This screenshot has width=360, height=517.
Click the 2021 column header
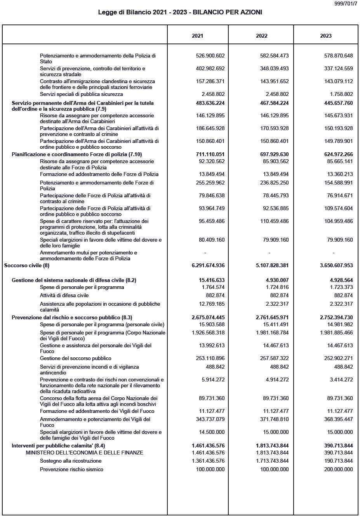(197, 36)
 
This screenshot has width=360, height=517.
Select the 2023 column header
(325, 36)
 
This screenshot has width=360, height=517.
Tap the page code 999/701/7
(345, 3)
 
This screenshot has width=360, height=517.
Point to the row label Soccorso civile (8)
(27, 266)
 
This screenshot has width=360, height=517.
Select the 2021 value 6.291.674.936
(208, 266)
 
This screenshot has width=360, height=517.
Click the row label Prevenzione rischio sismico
(71, 469)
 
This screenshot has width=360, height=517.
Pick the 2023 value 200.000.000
(338, 469)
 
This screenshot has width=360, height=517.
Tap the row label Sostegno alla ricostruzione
(71, 461)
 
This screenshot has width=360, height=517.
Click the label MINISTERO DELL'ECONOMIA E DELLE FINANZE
(84, 453)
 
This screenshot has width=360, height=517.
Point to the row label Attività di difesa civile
(64, 295)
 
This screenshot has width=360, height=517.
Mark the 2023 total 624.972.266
(336, 154)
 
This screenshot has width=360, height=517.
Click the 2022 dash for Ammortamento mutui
(269, 253)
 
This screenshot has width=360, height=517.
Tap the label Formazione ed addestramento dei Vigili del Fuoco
(97, 411)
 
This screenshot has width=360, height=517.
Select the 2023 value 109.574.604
(338, 208)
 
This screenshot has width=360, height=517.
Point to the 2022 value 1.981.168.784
(272, 332)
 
